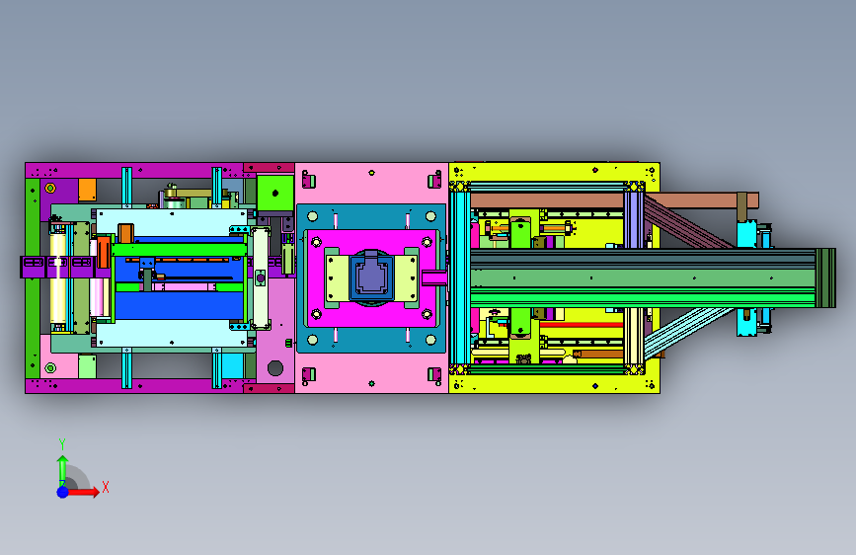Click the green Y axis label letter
click(62, 444)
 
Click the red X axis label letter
click(106, 487)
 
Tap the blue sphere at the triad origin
click(63, 492)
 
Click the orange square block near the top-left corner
click(87, 190)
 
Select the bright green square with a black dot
click(275, 193)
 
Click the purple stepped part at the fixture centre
click(372, 275)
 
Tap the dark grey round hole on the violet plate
click(275, 368)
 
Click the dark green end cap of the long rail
click(825, 278)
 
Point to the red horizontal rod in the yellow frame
click(582, 325)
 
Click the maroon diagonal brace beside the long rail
click(689, 222)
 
